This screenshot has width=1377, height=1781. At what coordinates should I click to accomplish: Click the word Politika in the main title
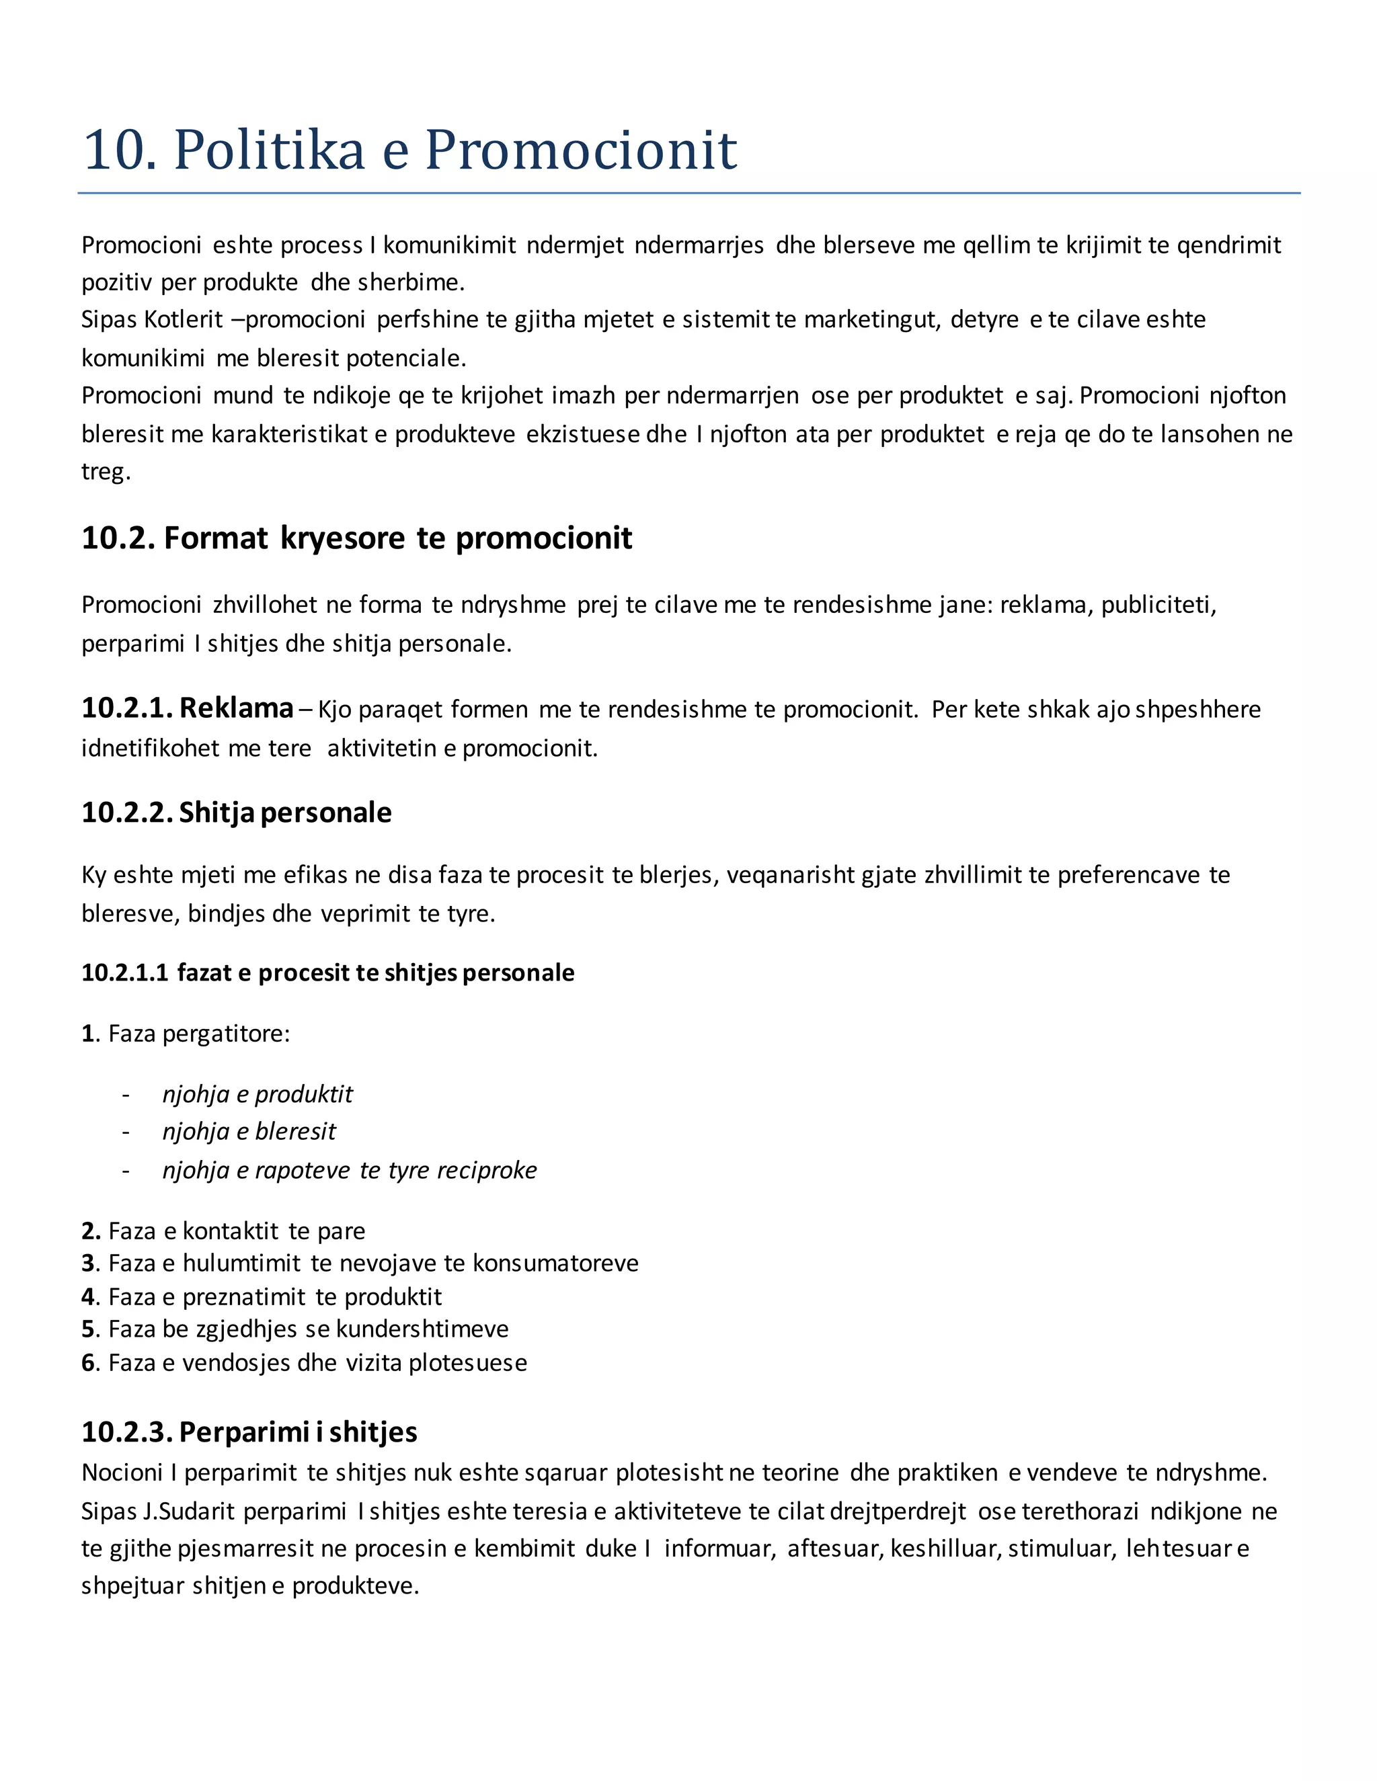(x=269, y=149)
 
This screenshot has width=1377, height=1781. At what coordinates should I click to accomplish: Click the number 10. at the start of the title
(x=119, y=149)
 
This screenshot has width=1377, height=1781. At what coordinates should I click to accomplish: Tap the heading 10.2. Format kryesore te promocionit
(x=356, y=538)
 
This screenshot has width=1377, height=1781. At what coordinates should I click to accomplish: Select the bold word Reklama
(x=236, y=708)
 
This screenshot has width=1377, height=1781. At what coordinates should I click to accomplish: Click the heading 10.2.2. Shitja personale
(x=237, y=813)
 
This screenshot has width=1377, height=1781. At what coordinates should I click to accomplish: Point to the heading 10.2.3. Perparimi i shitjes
(x=249, y=1431)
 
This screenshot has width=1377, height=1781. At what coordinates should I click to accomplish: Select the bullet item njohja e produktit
(x=257, y=1093)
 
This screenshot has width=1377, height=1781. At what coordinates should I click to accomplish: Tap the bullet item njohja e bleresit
(x=249, y=1131)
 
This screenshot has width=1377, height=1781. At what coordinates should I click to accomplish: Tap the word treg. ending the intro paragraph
(x=106, y=471)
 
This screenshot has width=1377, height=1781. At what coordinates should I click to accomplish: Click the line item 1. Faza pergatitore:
(x=186, y=1034)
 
